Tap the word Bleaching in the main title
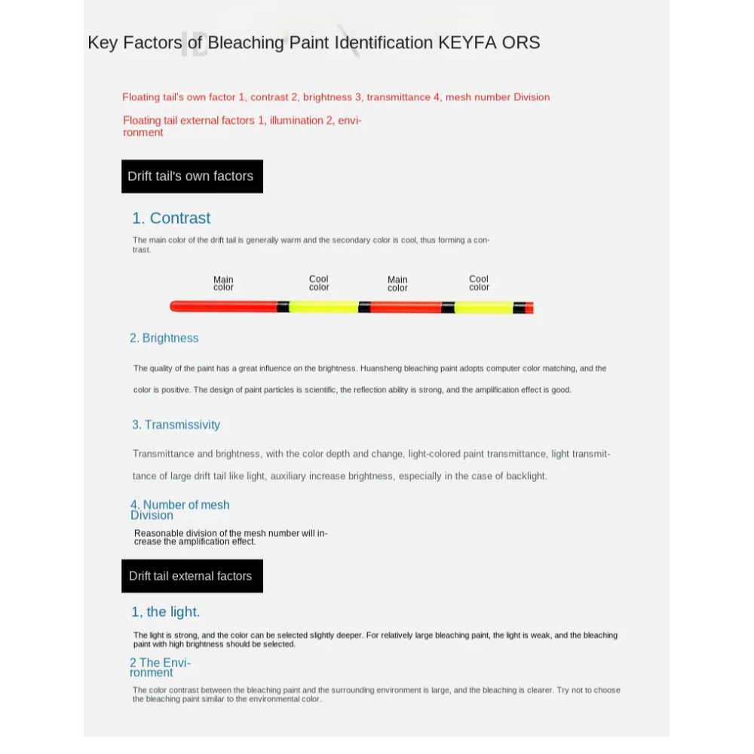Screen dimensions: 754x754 pos(247,42)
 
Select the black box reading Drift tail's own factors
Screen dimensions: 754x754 pos(192,176)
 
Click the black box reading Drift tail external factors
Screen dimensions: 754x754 pos(192,576)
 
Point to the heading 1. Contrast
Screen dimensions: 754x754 pos(171,218)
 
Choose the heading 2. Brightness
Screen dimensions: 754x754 pos(164,338)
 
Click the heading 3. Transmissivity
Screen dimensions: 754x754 pos(176,425)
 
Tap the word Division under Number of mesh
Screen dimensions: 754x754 pos(152,516)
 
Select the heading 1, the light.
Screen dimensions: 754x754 pos(165,611)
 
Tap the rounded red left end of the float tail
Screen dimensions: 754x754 pos(175,307)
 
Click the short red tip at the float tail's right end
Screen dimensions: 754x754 pos(529,308)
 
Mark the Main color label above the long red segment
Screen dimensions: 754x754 pos(223,284)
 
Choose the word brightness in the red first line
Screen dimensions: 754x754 pos(327,97)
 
